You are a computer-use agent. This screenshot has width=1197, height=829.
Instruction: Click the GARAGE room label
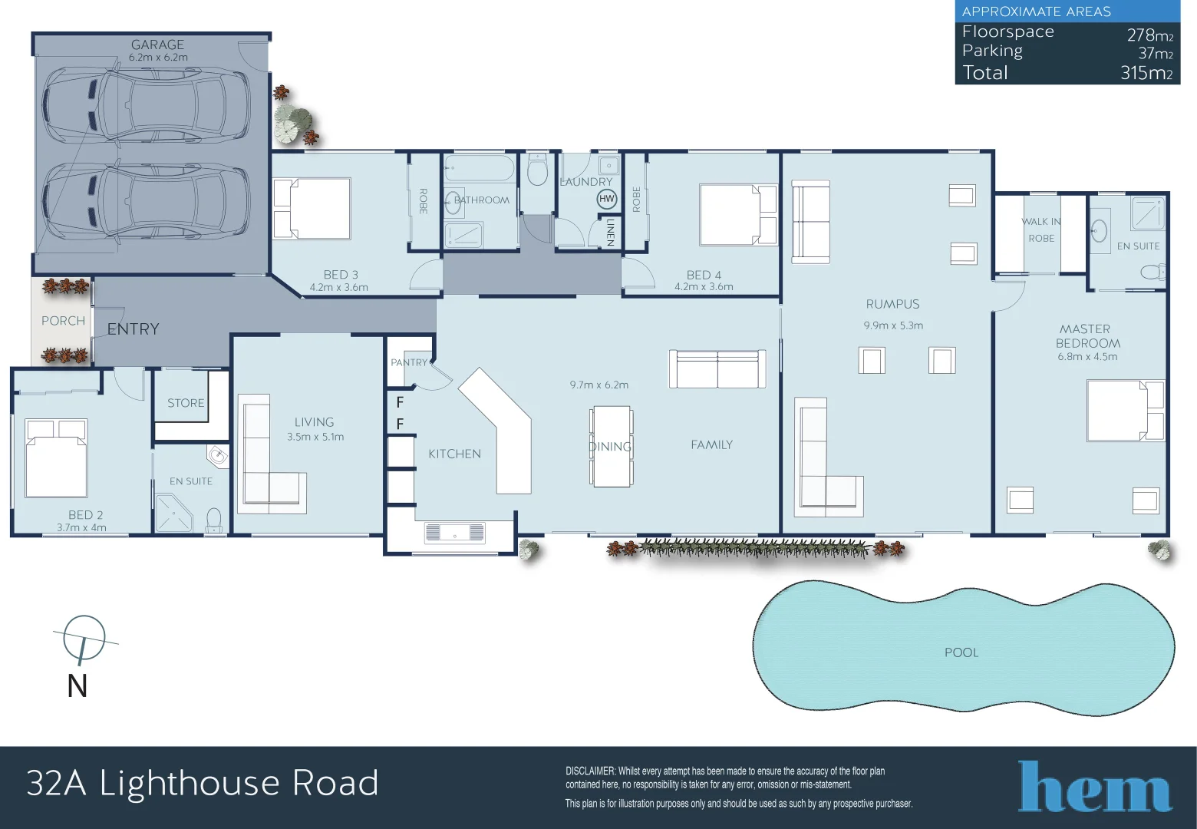[x=157, y=45]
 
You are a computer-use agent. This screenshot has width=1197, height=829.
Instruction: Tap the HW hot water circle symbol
[x=607, y=199]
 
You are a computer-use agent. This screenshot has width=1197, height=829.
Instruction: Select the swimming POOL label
[x=961, y=652]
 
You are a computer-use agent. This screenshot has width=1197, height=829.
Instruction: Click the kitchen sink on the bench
[x=454, y=532]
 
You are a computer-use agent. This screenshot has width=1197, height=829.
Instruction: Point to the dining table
[x=612, y=446]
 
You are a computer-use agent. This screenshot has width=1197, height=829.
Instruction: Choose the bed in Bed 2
[x=56, y=458]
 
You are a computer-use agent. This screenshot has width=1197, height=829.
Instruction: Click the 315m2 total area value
[x=1146, y=73]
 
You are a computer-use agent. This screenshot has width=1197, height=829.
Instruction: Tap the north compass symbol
[x=83, y=639]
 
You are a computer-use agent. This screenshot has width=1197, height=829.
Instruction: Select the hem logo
[x=1094, y=786]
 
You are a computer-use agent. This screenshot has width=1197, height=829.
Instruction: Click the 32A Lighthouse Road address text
[x=203, y=783]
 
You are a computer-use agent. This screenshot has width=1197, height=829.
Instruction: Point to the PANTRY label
[x=409, y=362]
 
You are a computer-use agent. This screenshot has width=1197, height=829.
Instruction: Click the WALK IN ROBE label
[x=1041, y=230]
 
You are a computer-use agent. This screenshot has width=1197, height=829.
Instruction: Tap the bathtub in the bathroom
[x=479, y=168]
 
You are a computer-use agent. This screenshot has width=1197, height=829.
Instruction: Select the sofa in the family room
[x=717, y=369]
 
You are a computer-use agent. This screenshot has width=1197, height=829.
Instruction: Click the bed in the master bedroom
[x=1125, y=411]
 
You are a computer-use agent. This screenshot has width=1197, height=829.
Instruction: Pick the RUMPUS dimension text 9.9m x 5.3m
[x=893, y=325]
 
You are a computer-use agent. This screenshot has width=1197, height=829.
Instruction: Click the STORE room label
[x=186, y=403]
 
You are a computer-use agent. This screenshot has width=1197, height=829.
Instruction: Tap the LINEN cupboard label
[x=610, y=232]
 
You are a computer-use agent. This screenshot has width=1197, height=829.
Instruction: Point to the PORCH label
[x=63, y=321]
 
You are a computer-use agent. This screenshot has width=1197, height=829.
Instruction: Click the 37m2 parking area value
[x=1155, y=53]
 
